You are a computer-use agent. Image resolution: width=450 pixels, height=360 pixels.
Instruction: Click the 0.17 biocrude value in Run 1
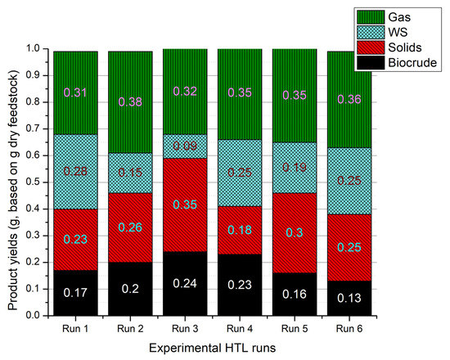point(75,292)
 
